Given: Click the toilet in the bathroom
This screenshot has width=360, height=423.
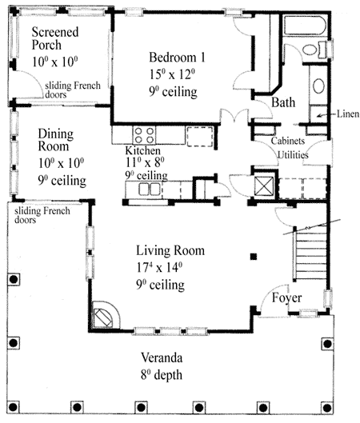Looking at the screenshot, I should (320, 50).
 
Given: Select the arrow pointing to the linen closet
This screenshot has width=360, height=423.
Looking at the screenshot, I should (322, 116).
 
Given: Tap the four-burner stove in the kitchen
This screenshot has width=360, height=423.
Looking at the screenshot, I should (143, 134).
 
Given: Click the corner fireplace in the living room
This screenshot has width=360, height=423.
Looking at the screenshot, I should (104, 315).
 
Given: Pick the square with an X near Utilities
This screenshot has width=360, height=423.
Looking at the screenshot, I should (262, 184).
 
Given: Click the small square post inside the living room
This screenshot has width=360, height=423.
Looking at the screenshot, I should (253, 257).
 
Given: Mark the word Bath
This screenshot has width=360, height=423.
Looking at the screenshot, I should (283, 103).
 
